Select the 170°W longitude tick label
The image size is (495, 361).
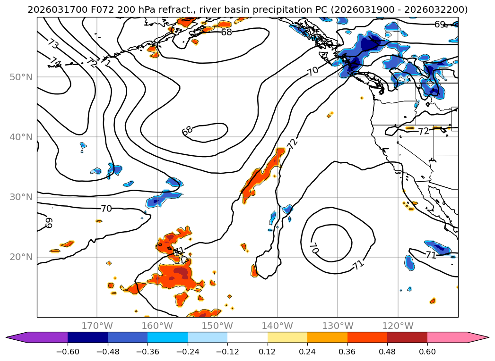click(97, 326)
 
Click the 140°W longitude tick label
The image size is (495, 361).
click(278, 326)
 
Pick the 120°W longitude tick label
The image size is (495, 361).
click(398, 326)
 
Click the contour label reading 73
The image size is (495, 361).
click(53, 44)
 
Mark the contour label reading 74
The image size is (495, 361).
click(56, 62)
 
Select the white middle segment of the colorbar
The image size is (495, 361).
click(247, 337)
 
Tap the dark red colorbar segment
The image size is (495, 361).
click(407, 337)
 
